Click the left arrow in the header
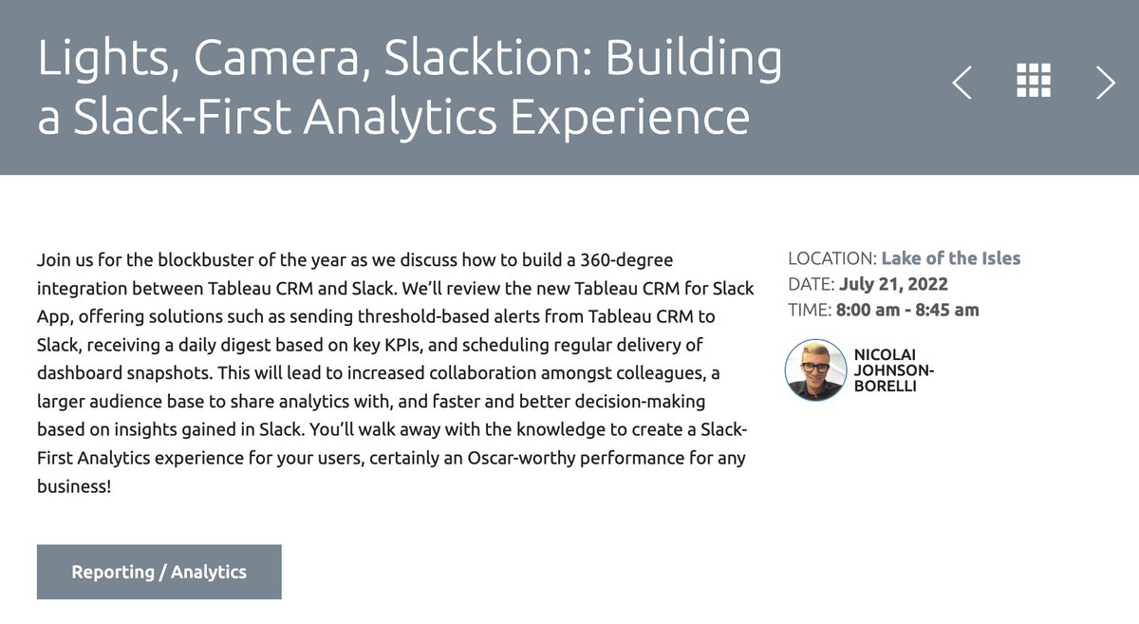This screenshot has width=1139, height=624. pyautogui.click(x=962, y=83)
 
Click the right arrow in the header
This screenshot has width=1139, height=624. pyautogui.click(x=1106, y=83)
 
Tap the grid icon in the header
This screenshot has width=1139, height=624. pyautogui.click(x=1034, y=82)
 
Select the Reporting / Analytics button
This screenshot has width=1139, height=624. pyautogui.click(x=159, y=572)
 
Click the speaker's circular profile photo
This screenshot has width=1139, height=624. pyautogui.click(x=815, y=369)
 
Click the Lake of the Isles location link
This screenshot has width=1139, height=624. pyautogui.click(x=951, y=258)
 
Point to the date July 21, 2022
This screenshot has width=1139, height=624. pyautogui.click(x=894, y=284)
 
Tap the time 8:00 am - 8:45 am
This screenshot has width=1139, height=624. pyautogui.click(x=907, y=310)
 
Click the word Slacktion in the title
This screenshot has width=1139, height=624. pyautogui.click(x=436, y=60)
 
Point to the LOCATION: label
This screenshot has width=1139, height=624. pyautogui.click(x=832, y=258)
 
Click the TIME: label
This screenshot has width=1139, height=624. pyautogui.click(x=810, y=310)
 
